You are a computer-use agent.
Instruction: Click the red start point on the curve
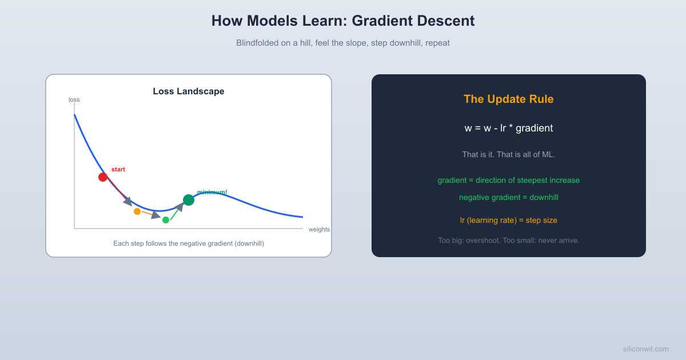pyautogui.click(x=103, y=177)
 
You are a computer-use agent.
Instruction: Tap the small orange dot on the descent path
pyautogui.click(x=137, y=211)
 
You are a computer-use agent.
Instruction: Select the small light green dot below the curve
pyautogui.click(x=166, y=220)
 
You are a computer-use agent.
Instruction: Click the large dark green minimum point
pyautogui.click(x=189, y=199)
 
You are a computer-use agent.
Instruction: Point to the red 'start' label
pyautogui.click(x=118, y=170)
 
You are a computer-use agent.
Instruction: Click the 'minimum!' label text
pyautogui.click(x=212, y=192)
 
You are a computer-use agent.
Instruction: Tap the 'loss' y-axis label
pyautogui.click(x=74, y=99)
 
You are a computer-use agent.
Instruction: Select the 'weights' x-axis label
pyautogui.click(x=319, y=229)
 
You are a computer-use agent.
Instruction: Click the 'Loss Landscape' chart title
pyautogui.click(x=189, y=91)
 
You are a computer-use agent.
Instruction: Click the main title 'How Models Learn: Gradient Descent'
pyautogui.click(x=343, y=21)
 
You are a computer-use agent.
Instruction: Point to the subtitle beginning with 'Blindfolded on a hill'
pyautogui.click(x=343, y=43)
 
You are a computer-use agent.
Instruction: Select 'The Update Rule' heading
pyautogui.click(x=509, y=99)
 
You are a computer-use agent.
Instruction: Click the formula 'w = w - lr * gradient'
pyautogui.click(x=509, y=128)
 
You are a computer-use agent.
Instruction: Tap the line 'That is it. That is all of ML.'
pyautogui.click(x=509, y=154)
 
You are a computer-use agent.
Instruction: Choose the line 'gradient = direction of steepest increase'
pyautogui.click(x=509, y=180)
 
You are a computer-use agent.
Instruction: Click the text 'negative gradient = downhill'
pyautogui.click(x=509, y=197)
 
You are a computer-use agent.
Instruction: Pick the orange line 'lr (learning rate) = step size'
pyautogui.click(x=509, y=220)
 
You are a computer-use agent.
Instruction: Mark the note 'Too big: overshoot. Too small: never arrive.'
pyautogui.click(x=509, y=240)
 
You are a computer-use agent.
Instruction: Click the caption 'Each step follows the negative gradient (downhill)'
pyautogui.click(x=189, y=243)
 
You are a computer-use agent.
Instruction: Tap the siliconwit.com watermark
pyautogui.click(x=645, y=349)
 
